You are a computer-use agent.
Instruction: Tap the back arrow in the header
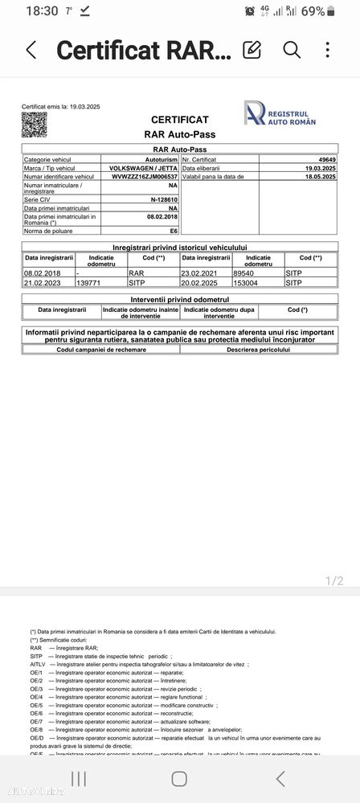(31, 50)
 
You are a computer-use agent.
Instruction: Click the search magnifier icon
(292, 50)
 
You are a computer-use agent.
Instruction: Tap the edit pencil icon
(252, 50)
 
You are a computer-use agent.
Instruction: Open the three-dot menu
(328, 50)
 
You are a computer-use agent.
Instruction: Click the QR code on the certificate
(34, 124)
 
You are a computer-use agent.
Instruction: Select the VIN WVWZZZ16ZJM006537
(144, 176)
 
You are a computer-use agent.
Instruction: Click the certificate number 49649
(326, 160)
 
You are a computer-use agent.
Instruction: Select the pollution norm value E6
(173, 230)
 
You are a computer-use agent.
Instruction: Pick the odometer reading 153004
(246, 283)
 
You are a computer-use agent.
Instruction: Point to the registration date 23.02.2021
(202, 272)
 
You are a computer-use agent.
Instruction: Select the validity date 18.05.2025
(321, 176)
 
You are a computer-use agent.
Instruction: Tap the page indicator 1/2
(334, 580)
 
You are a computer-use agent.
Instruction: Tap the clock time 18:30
(42, 11)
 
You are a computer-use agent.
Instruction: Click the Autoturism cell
(160, 160)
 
